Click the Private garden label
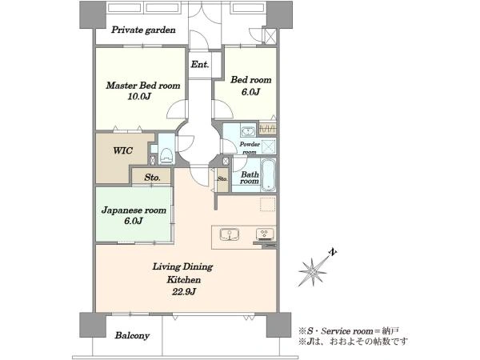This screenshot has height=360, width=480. tap(143, 30)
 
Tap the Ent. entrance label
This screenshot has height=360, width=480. tap(200, 64)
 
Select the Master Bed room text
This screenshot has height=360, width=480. tap(143, 85)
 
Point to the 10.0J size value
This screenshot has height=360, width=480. tap(139, 97)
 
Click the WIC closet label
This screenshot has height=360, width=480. tap(122, 150)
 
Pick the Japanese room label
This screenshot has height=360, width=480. tap(134, 210)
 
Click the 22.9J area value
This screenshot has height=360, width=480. tap(183, 291)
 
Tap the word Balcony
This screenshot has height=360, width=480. tap(132, 335)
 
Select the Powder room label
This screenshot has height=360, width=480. tap(250, 148)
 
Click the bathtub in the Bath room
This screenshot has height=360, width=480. tap(269, 174)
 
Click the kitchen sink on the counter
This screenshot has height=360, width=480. tap(230, 234)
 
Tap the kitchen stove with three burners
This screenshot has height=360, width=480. tap(265, 234)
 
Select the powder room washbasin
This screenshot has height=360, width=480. tap(248, 131)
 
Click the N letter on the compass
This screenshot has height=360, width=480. tap(333, 253)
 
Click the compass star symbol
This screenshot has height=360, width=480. tap(313, 271)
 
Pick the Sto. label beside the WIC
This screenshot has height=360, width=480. tap(152, 178)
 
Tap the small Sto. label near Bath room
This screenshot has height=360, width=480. tap(222, 179)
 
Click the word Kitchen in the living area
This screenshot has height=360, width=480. tap(184, 280)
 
